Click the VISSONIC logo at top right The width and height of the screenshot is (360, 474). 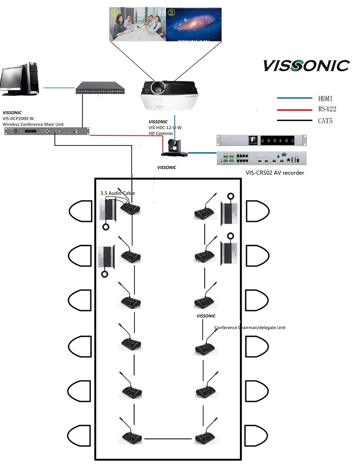coord(306,66)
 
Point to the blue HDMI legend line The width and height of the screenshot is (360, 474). coord(294,98)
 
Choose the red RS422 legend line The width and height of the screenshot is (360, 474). coord(294,109)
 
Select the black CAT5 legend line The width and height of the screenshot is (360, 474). coord(294,121)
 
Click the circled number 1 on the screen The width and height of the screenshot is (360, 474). coord(115,13)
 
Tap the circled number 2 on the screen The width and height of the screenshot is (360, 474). coord(171,13)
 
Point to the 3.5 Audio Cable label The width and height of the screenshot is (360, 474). coord(117,193)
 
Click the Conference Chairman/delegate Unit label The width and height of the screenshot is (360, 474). coord(250,328)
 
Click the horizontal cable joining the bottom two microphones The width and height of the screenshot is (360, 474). coord(169,438)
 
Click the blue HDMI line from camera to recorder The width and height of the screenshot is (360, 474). coord(202,153)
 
